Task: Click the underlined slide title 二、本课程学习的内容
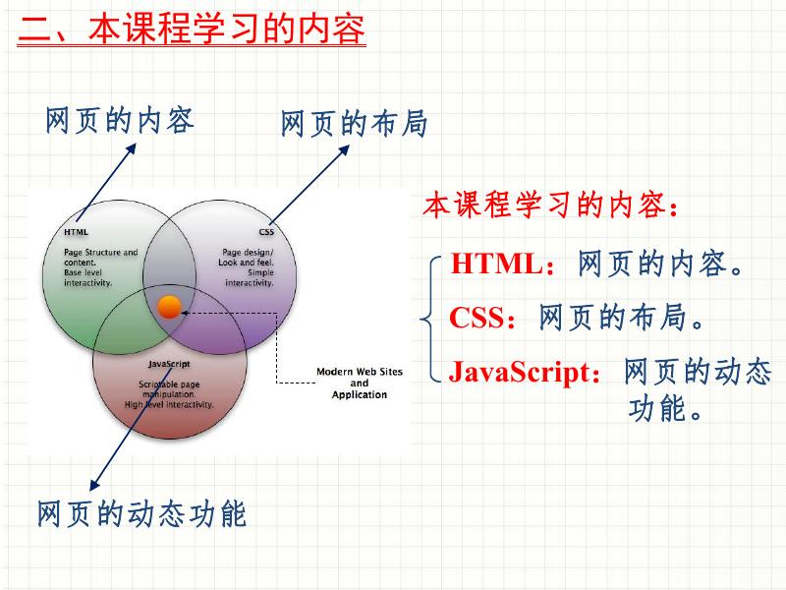coord(193,29)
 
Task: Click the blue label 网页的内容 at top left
coord(119,120)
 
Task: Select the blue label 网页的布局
coord(354,124)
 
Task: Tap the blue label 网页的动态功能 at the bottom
coord(141,513)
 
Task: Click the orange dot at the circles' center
coord(169,307)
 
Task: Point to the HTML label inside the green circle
coord(76,233)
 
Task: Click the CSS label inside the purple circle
coord(266,233)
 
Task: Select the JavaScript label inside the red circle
coord(169,364)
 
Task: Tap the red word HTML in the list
coord(496,264)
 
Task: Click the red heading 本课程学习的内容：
coord(550,206)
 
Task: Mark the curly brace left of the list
coord(428,318)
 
